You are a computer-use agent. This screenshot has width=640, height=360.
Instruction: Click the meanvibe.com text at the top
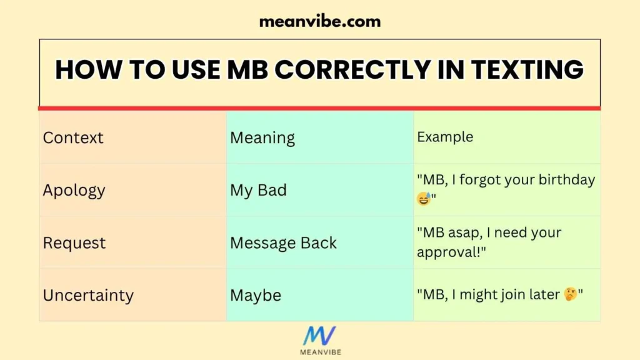[x=319, y=21]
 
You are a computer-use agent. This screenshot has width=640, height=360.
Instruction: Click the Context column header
[x=73, y=137]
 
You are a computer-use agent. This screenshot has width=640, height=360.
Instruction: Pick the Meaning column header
[x=262, y=137]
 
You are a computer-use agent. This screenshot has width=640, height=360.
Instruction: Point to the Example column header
[x=445, y=137]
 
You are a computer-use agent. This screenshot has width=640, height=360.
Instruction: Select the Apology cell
[x=74, y=190]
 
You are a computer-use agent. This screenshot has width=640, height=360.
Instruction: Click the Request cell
[x=74, y=242]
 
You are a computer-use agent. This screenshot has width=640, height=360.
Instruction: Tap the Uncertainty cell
[x=88, y=295]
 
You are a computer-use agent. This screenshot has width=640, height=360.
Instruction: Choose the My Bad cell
[x=258, y=190]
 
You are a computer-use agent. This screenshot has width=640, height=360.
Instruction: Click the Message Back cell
[x=283, y=242]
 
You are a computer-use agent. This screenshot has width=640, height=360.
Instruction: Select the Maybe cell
[x=256, y=295]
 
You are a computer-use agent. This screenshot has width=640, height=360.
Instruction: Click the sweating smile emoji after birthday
[x=424, y=199]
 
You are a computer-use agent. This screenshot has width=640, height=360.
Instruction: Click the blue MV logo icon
[x=319, y=336]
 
